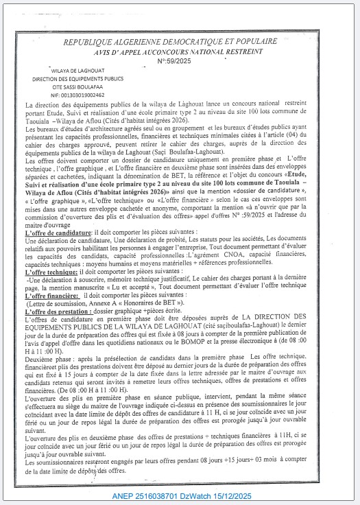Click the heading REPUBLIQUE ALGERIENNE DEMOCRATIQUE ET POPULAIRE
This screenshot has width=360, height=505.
tap(180, 43)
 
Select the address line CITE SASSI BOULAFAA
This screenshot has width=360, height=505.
tap(77, 88)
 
